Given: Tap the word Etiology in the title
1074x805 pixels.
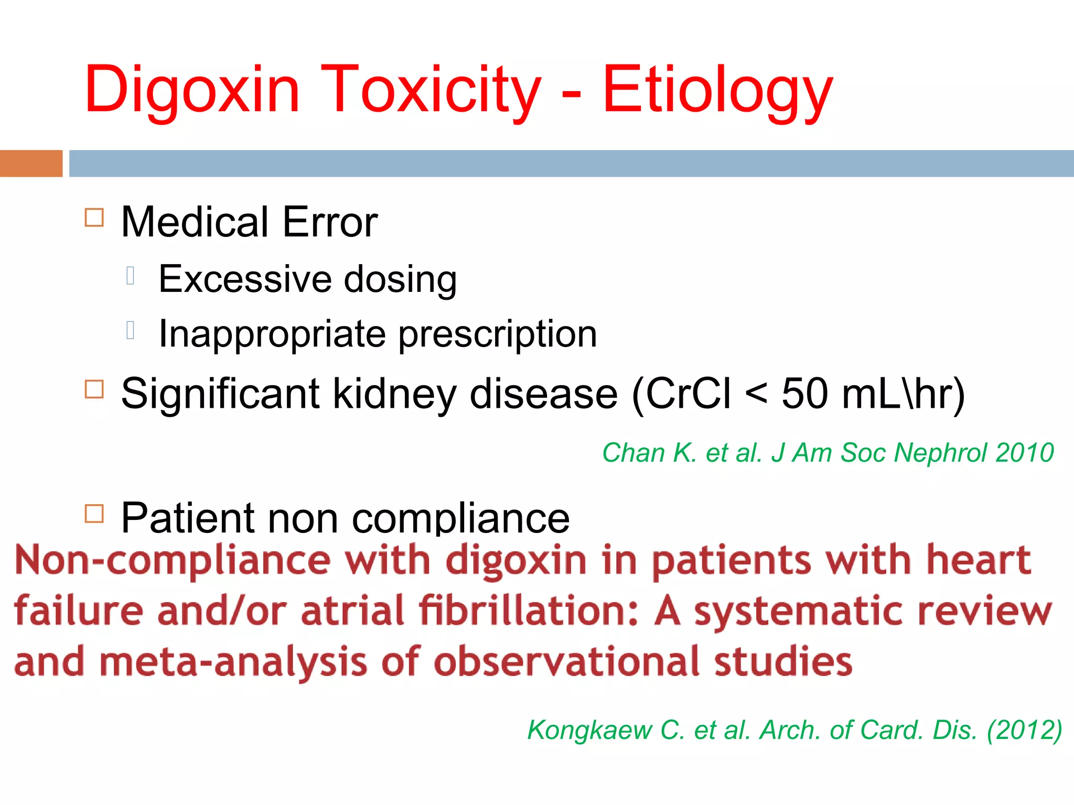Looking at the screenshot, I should pos(717,90).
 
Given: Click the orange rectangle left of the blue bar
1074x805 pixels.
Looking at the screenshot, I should pos(31,164).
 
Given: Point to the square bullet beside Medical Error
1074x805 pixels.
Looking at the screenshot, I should pos(94,217).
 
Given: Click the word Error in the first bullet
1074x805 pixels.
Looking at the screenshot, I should pos(330,222).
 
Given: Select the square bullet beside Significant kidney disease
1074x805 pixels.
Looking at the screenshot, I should pos(94,389).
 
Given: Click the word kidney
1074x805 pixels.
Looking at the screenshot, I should pos(395,394).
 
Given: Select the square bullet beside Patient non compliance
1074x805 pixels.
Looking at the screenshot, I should pos(94,514).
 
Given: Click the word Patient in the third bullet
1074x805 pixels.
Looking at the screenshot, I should pos(188,518).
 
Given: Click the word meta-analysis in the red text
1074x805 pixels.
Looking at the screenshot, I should pos(233,662).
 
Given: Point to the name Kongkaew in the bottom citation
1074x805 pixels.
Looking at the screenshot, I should pos(589,730).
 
